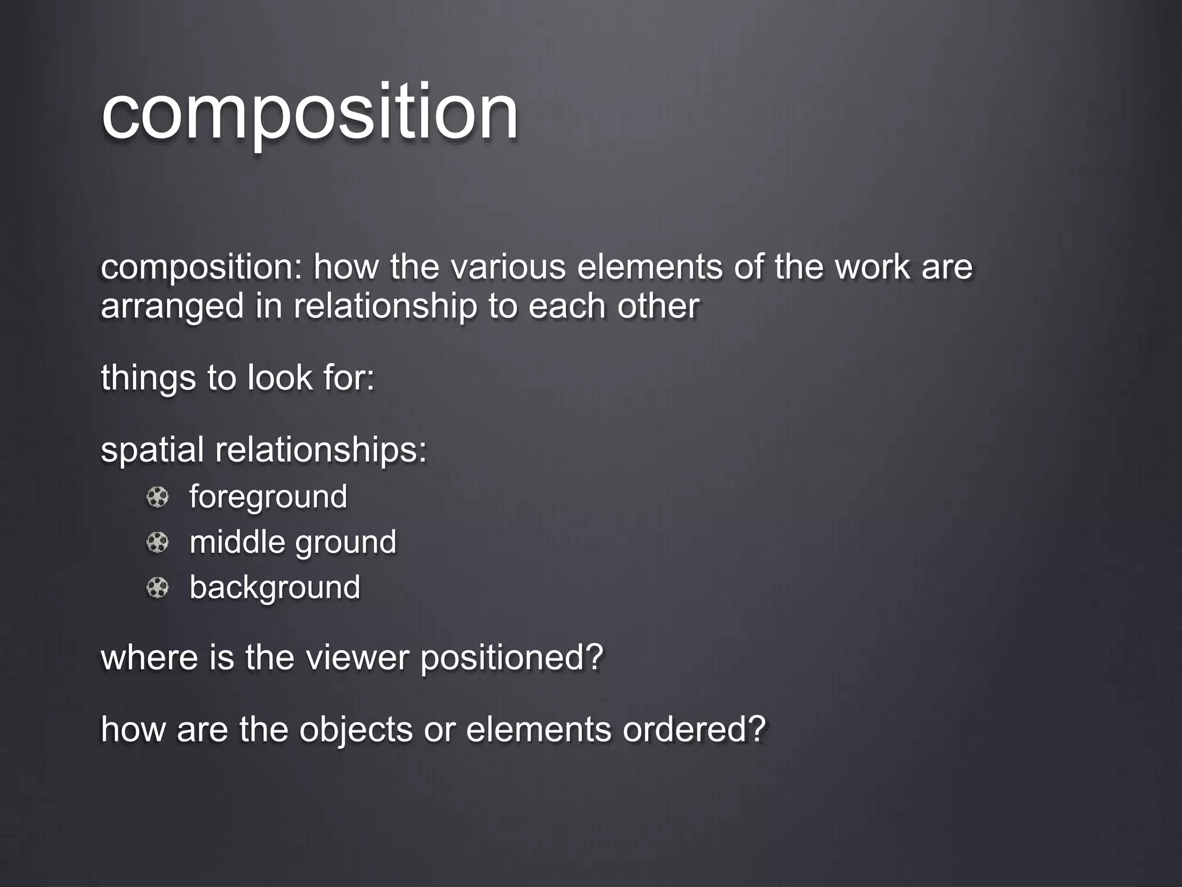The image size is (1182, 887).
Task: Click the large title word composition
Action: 310,113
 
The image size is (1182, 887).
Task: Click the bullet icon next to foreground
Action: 157,497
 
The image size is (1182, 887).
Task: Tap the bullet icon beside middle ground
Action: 157,542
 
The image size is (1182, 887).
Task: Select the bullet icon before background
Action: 157,588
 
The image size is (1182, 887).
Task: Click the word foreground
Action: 268,497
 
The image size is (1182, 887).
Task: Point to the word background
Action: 275,587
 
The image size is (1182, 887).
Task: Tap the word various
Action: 507,267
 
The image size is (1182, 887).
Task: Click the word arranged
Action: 172,306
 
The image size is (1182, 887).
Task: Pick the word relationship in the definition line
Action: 386,306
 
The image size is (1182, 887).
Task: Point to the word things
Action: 148,378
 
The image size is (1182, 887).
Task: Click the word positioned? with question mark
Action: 512,658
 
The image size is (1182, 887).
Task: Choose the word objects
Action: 356,729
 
